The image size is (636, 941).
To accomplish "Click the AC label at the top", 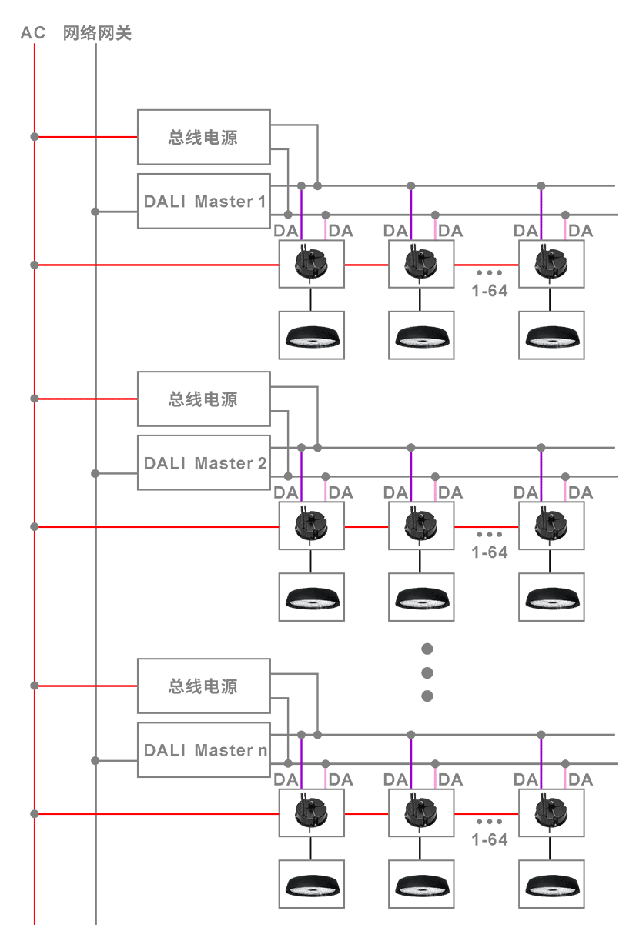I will point(33,33).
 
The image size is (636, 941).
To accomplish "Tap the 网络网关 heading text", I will point(97,33).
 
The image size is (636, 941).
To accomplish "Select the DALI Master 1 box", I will point(204,202).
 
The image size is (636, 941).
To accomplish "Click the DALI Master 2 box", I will point(204,463).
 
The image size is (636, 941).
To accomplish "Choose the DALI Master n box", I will point(204,750).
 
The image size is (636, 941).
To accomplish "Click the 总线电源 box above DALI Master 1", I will point(204,138).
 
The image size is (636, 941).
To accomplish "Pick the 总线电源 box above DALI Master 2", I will point(204,399).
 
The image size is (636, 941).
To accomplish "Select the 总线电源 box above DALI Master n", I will point(204,686).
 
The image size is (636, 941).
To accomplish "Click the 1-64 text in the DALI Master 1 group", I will point(490,291).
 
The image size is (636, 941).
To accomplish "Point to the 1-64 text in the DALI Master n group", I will point(490,839).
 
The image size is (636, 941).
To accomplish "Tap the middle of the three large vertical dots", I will point(428,672).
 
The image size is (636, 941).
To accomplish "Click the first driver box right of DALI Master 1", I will point(312,265).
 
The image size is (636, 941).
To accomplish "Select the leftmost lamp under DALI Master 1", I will point(312,335).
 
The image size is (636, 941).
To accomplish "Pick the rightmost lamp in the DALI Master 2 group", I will point(551,597).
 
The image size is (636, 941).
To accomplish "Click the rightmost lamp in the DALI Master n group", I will point(551,884).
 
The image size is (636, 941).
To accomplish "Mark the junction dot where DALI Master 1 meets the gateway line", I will point(95,212).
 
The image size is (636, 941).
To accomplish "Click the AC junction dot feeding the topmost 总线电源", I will point(34,137).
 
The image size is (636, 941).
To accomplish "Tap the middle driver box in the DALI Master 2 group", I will point(420,526).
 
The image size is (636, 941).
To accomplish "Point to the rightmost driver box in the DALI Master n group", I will point(551,813).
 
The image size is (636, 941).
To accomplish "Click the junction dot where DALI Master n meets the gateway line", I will point(95,760).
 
